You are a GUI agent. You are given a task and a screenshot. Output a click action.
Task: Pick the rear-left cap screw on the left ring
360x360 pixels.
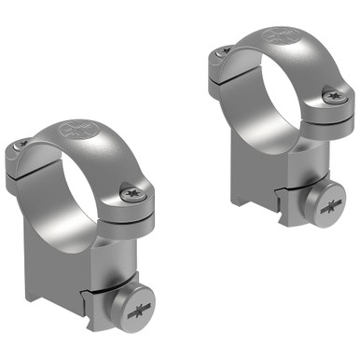pos(21,145)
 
